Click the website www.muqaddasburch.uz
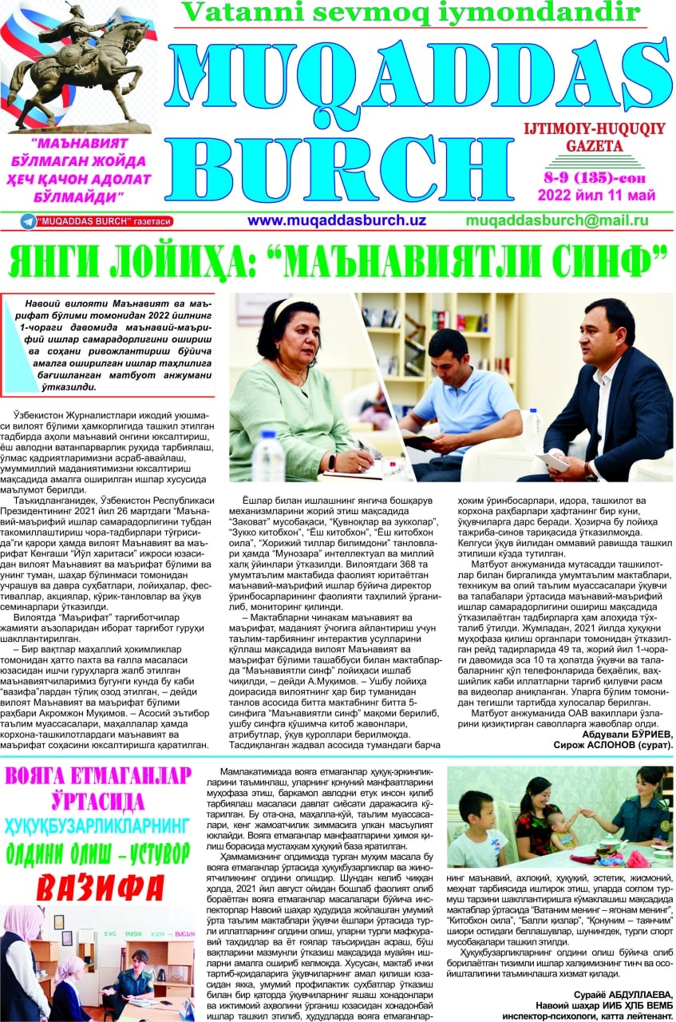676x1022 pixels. click(x=336, y=220)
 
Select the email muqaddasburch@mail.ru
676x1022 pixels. click(x=556, y=220)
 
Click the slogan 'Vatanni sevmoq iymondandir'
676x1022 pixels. click(x=411, y=11)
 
